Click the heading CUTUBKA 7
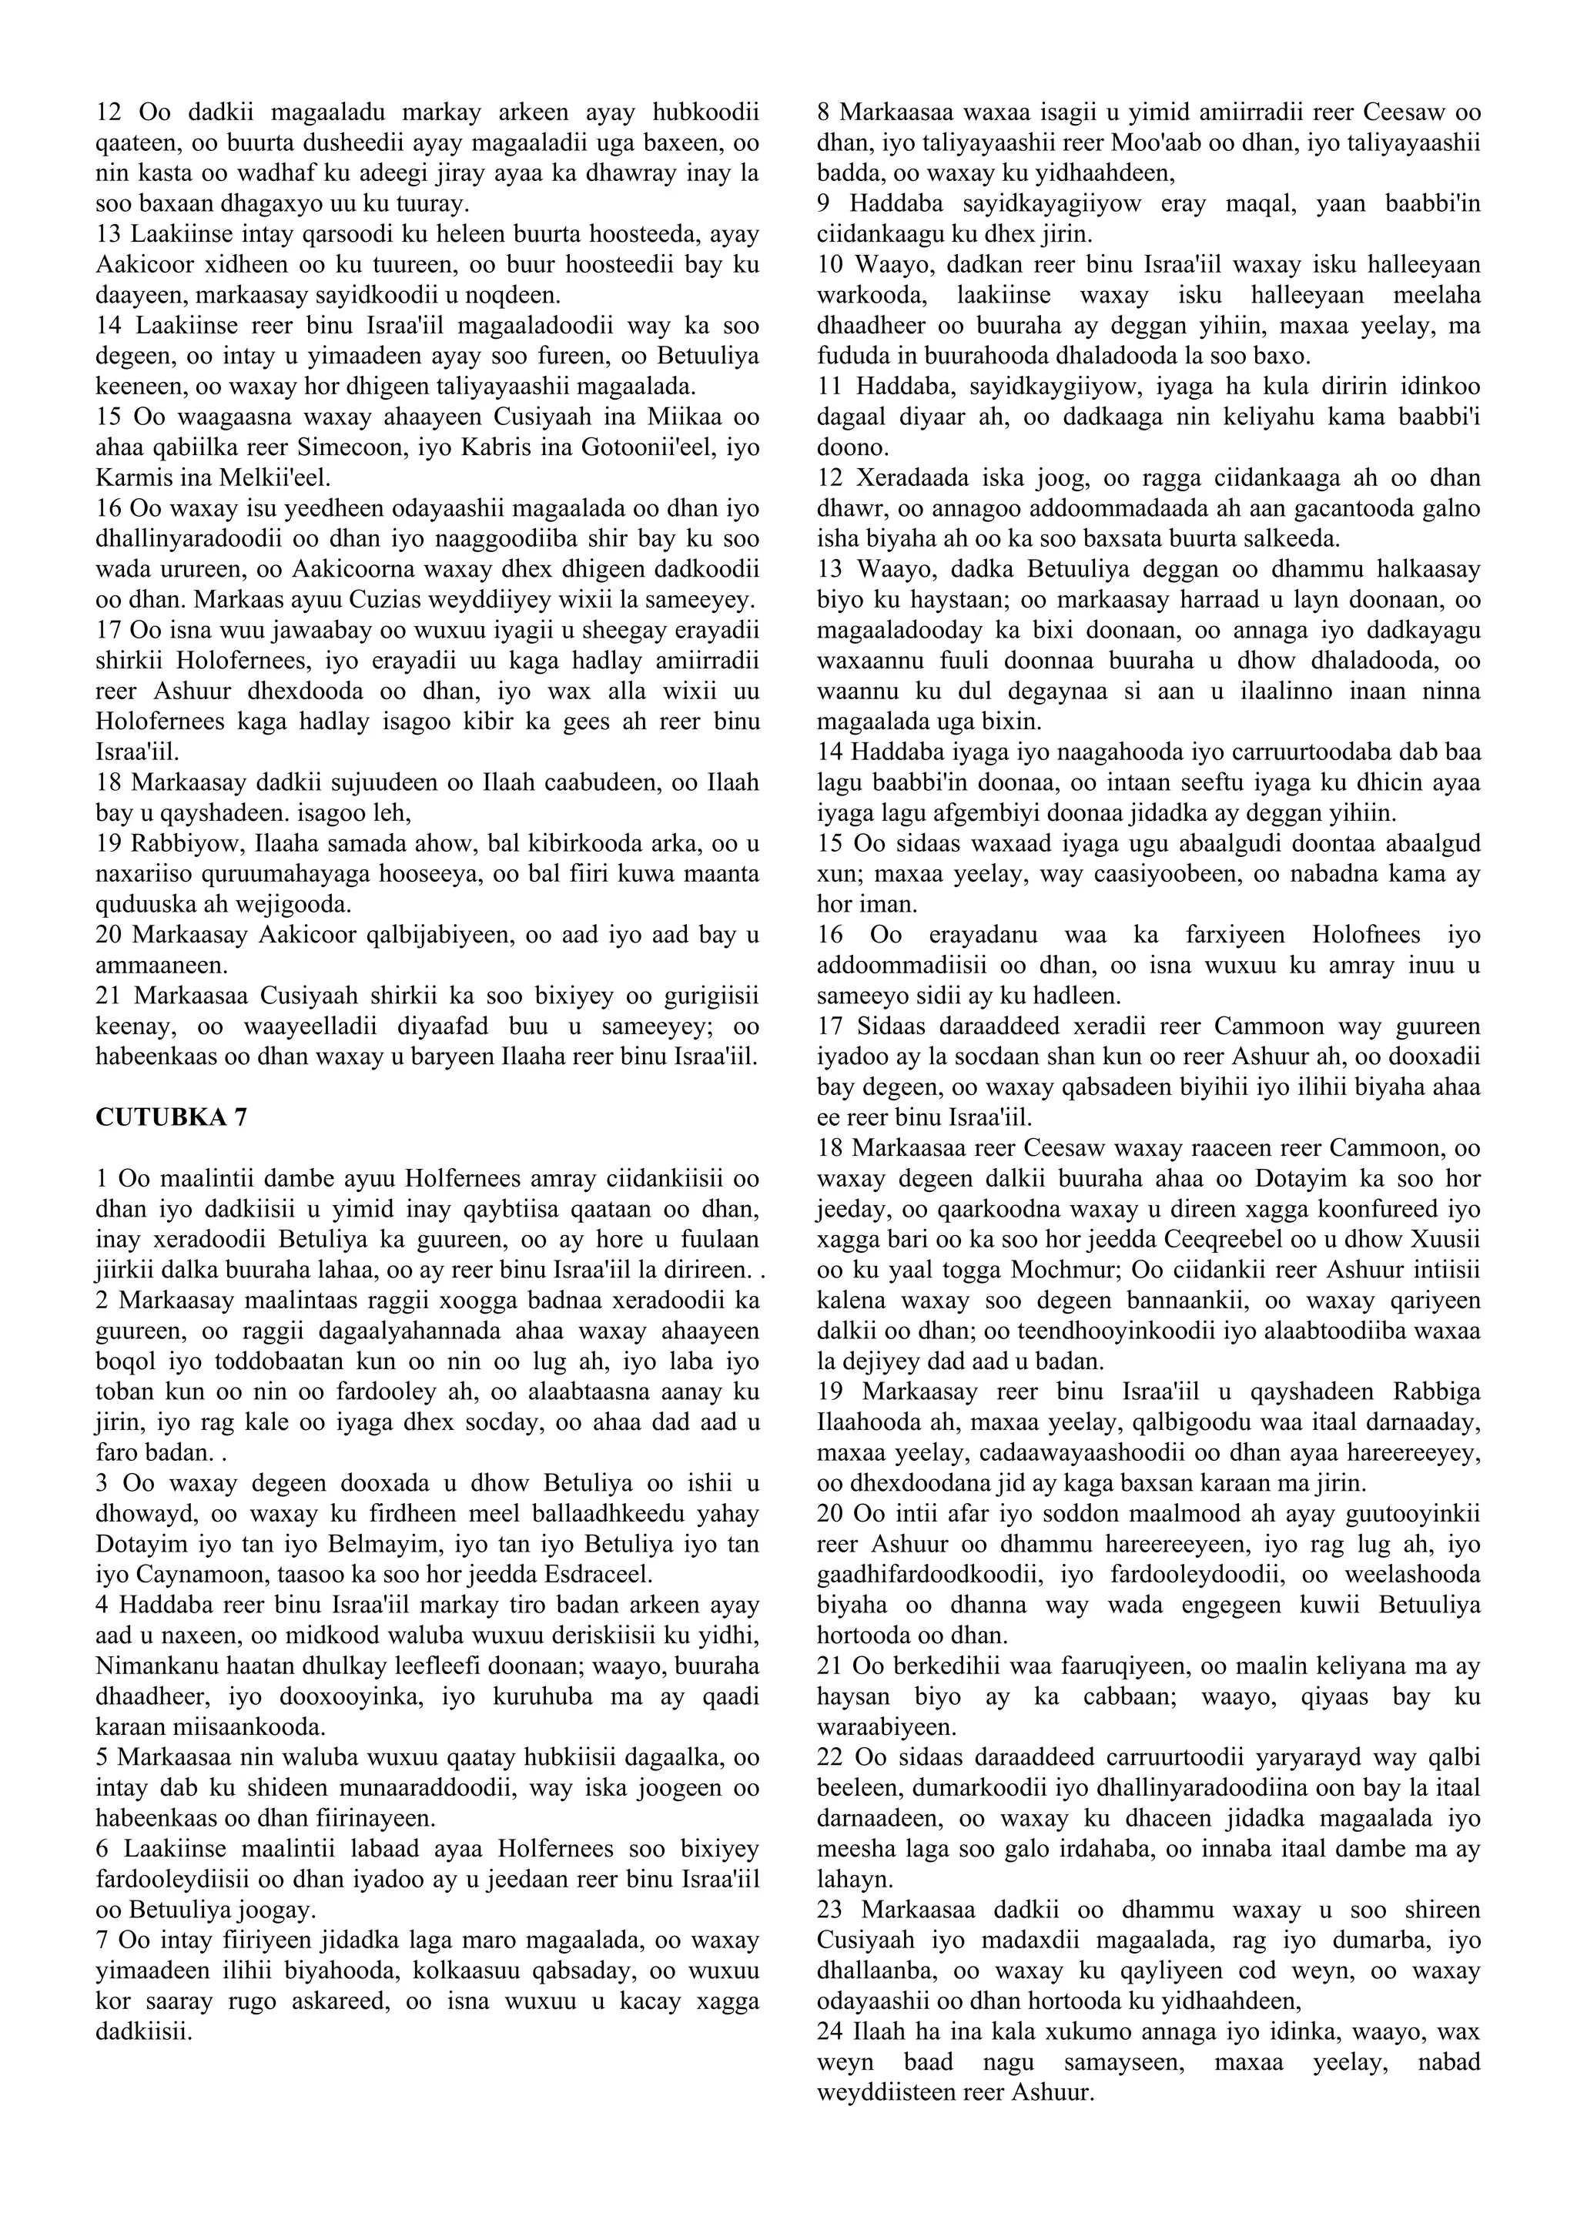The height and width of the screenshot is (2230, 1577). point(171,1118)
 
